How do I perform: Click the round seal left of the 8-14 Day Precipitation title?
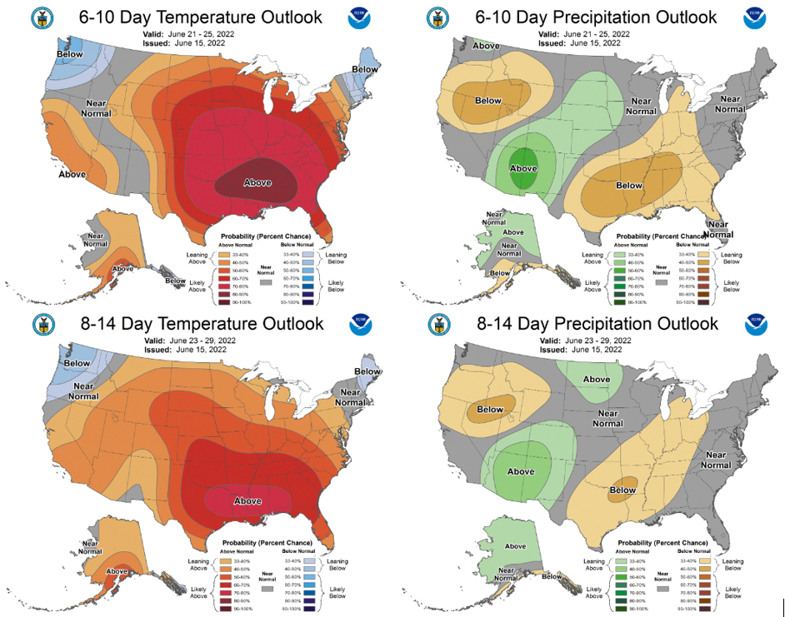pos(437,324)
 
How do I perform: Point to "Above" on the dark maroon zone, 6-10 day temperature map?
pos(257,182)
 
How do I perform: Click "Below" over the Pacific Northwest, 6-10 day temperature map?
pos(70,54)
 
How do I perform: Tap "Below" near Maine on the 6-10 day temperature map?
pos(364,69)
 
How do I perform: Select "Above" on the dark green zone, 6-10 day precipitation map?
pos(523,168)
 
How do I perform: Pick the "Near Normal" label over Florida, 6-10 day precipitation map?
pos(718,228)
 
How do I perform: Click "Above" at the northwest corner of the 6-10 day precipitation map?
pos(487,46)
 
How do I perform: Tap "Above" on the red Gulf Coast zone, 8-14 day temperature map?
pos(247,500)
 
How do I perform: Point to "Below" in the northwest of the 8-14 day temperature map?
pos(77,363)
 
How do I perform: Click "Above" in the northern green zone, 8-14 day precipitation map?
pos(596,380)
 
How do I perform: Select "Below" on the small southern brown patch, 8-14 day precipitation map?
pos(622,490)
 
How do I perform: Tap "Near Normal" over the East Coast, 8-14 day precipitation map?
pos(718,459)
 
